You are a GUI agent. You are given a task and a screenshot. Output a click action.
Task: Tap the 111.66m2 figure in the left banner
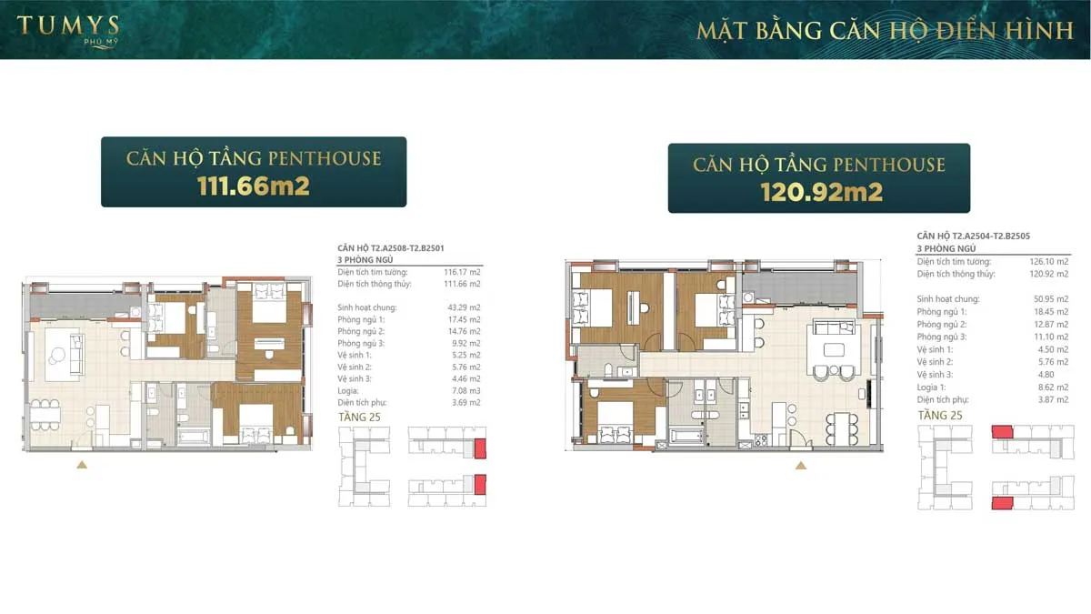[x=254, y=186]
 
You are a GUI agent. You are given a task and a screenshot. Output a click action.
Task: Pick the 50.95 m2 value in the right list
[x=1049, y=298]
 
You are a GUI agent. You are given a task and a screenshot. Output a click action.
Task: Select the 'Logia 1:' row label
[x=934, y=387]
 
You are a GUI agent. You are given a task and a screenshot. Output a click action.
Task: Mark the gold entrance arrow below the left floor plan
[x=82, y=465]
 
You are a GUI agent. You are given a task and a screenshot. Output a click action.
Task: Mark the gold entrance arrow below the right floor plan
[x=801, y=465]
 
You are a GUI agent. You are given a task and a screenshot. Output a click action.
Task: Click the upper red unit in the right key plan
[x=1002, y=432]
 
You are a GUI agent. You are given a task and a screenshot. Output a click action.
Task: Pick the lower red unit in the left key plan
[x=480, y=483]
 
